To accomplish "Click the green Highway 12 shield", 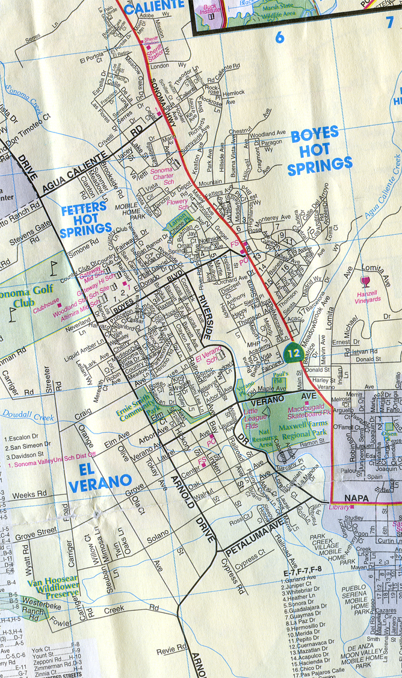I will pos(293,352).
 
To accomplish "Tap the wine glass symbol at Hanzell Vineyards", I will pos(363,281).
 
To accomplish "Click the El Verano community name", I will pos(99,474).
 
